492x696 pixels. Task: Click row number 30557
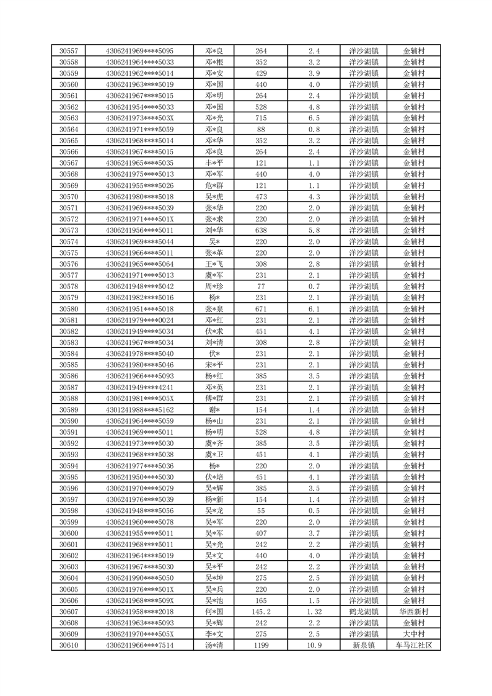click(x=68, y=51)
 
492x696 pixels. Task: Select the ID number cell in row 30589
click(x=139, y=410)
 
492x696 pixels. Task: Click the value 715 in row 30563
click(x=261, y=118)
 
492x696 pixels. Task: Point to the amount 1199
click(x=261, y=646)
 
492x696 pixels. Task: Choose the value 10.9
click(x=314, y=646)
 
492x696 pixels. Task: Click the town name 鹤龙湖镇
click(x=364, y=612)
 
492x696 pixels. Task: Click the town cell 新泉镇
click(x=364, y=646)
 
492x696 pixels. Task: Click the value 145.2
click(x=261, y=612)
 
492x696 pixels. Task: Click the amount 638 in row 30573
click(x=261, y=230)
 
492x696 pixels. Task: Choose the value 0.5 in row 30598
click(x=314, y=511)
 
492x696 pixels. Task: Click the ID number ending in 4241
click(x=139, y=387)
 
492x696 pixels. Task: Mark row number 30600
click(x=68, y=533)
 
